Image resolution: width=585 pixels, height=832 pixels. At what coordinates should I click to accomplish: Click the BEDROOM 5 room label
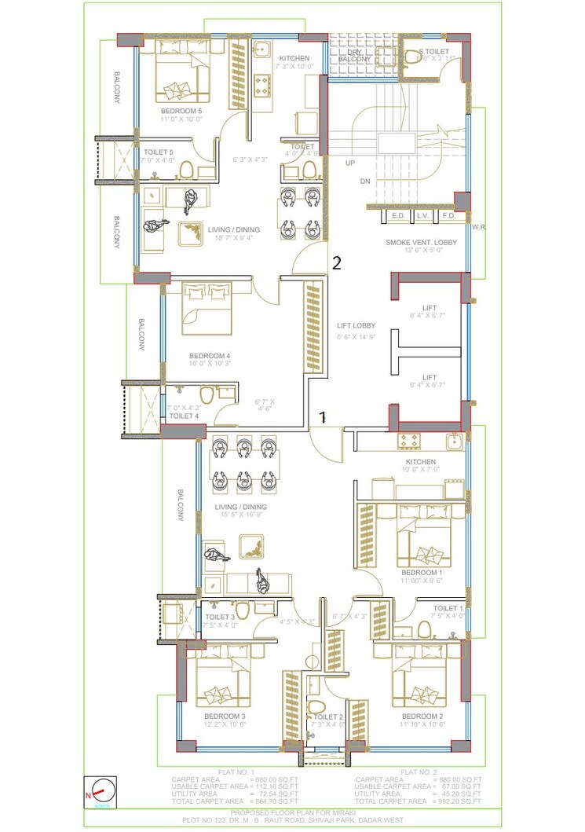pyautogui.click(x=181, y=111)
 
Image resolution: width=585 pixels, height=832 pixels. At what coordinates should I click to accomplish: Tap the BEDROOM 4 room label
pyautogui.click(x=210, y=355)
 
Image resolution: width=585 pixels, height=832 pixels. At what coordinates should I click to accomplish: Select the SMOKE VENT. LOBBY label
pyautogui.click(x=421, y=243)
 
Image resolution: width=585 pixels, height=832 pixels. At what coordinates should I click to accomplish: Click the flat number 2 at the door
pyautogui.click(x=336, y=263)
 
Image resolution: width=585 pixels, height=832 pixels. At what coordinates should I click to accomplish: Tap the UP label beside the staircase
pyautogui.click(x=349, y=163)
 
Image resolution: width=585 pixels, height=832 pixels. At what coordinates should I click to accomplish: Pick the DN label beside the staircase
pyautogui.click(x=364, y=181)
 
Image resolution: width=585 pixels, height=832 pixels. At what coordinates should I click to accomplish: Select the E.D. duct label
pyautogui.click(x=397, y=215)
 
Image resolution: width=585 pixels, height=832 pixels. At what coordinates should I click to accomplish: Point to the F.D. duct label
pyautogui.click(x=449, y=215)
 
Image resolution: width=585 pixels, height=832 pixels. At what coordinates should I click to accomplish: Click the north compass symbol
pyautogui.click(x=101, y=790)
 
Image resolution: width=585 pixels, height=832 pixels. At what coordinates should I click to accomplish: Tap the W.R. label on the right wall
pyautogui.click(x=479, y=226)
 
